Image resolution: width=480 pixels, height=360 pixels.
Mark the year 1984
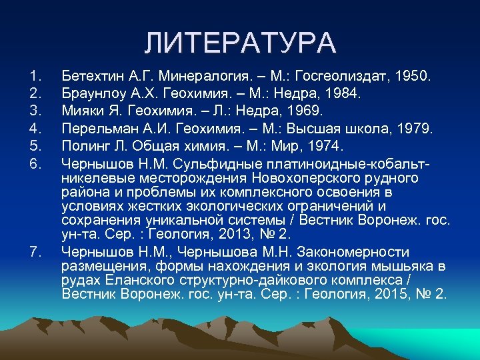(x=342, y=93)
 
